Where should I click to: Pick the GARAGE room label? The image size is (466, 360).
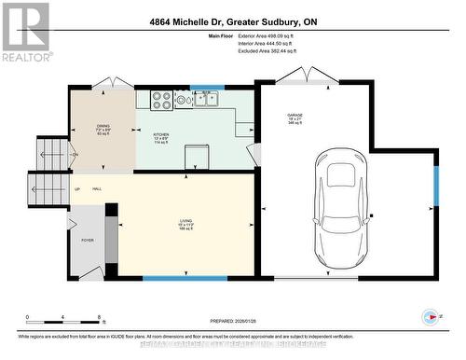coord(295,118)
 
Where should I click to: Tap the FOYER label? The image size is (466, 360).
coord(88,240)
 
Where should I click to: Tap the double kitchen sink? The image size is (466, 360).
coord(207,99)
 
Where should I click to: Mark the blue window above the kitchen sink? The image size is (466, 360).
coord(207,88)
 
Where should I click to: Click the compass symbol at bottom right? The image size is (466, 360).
coord(432,316)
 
